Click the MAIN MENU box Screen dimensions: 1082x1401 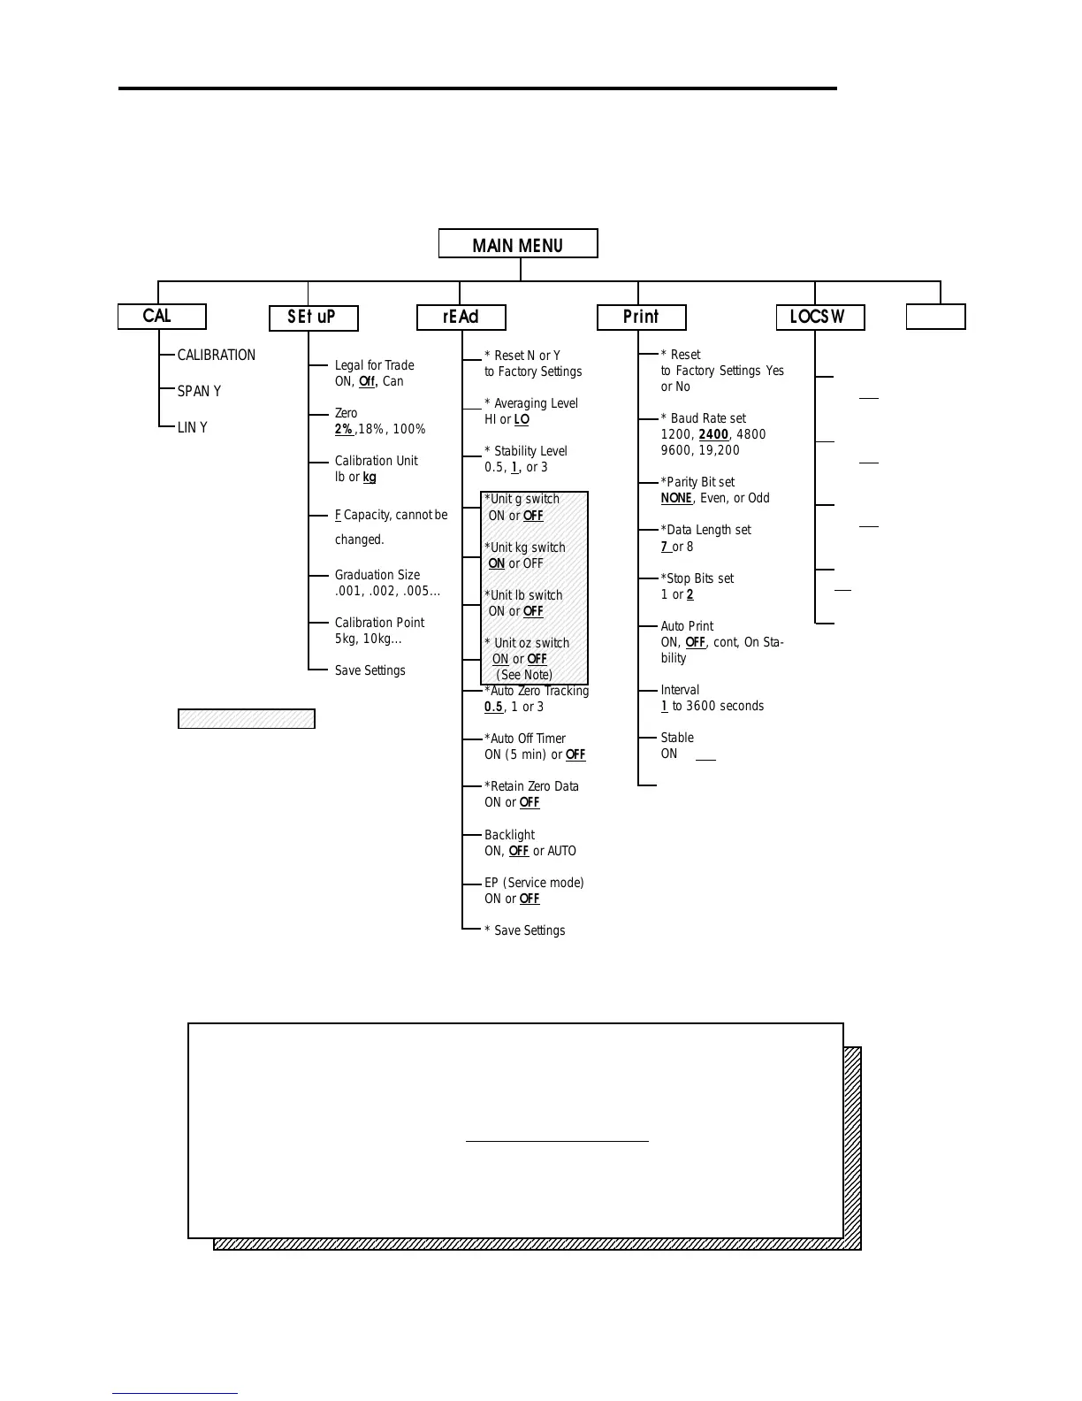click(518, 244)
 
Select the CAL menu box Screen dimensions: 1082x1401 click(162, 317)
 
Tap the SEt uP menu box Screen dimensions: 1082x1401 click(313, 318)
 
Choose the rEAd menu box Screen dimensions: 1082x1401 click(461, 318)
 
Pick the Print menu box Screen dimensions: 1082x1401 click(641, 318)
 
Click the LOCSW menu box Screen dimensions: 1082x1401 click(819, 318)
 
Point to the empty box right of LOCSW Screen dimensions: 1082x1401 click(935, 317)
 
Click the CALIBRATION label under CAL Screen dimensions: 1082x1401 click(216, 356)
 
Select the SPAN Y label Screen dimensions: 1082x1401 click(199, 392)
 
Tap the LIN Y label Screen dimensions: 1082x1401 click(192, 428)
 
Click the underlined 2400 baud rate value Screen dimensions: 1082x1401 click(713, 434)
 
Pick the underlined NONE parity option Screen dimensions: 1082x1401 click(676, 499)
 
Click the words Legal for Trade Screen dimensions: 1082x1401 click(374, 365)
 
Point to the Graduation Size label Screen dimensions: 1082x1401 click(377, 575)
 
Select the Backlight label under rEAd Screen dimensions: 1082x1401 click(509, 835)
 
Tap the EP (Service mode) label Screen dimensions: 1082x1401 click(534, 883)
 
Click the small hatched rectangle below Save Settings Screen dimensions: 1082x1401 click(247, 719)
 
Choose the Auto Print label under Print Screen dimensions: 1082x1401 click(687, 626)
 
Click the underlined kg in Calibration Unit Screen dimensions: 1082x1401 click(370, 478)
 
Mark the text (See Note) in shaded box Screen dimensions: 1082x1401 click(524, 675)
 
